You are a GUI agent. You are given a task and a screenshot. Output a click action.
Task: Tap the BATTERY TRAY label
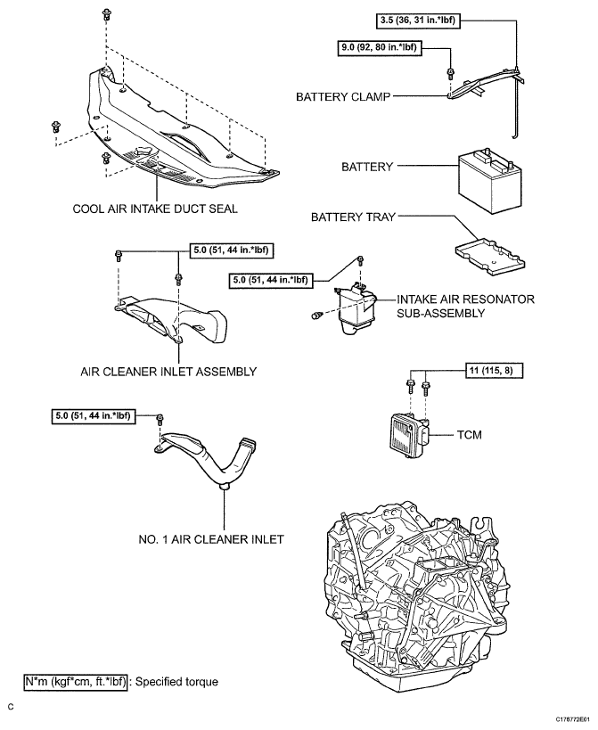click(352, 217)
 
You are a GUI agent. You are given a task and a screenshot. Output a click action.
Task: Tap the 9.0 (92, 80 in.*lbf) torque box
click(379, 46)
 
